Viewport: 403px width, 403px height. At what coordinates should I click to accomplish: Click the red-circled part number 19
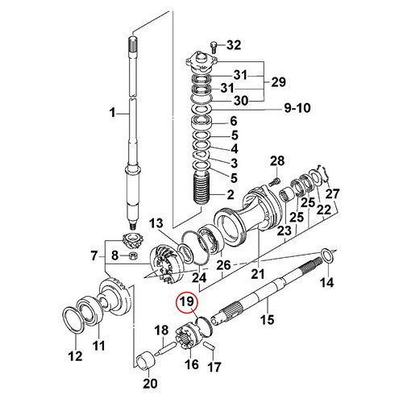(x=187, y=301)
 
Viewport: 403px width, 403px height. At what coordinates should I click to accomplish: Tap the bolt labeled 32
(x=214, y=47)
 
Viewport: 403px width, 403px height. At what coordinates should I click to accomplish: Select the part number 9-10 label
(x=297, y=108)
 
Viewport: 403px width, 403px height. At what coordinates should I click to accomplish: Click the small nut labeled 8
(x=133, y=256)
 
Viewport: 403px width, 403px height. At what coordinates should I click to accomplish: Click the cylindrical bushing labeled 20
(x=146, y=359)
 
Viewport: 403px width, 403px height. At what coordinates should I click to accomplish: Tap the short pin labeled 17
(x=210, y=346)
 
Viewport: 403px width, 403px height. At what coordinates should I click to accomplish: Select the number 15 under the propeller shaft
(x=268, y=319)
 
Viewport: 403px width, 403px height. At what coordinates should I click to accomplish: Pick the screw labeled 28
(x=274, y=181)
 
